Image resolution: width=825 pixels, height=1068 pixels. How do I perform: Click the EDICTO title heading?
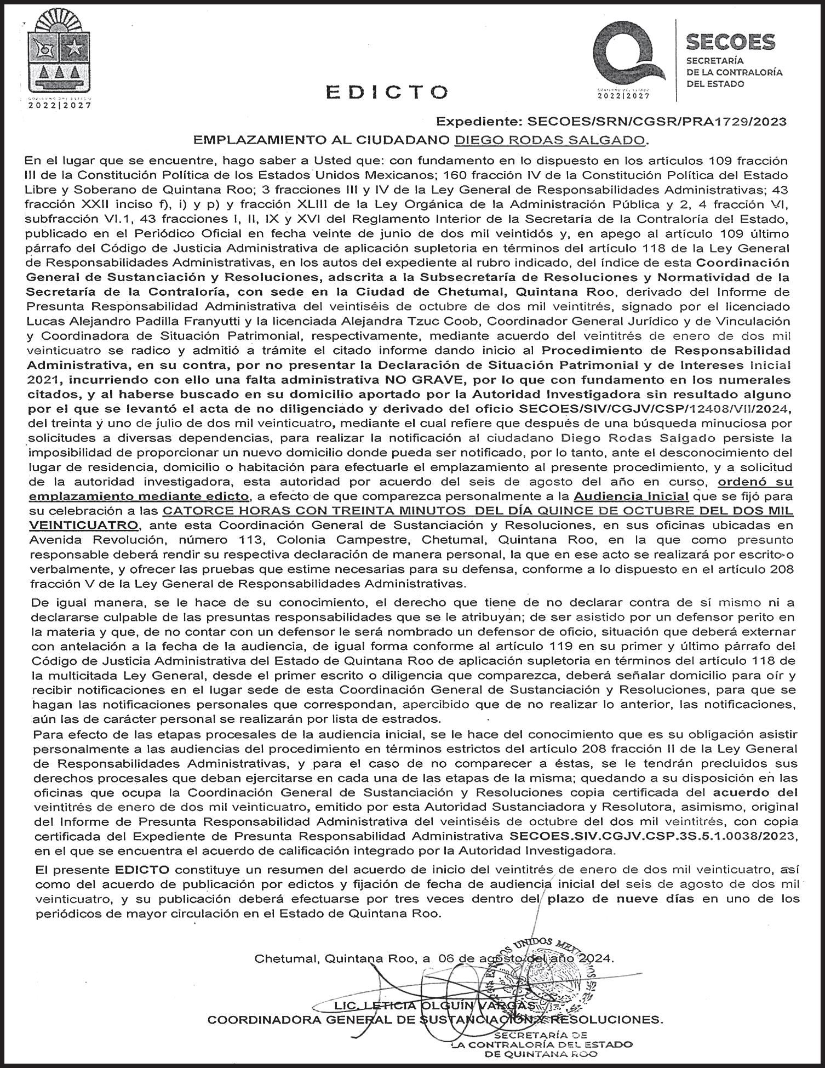(x=386, y=92)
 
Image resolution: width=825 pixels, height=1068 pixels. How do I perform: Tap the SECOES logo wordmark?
(x=730, y=42)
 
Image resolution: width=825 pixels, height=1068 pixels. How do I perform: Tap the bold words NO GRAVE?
(x=414, y=379)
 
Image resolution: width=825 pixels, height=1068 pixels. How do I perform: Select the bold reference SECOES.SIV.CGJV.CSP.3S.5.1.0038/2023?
(x=651, y=836)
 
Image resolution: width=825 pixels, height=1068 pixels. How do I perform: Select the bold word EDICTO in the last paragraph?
(x=142, y=870)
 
